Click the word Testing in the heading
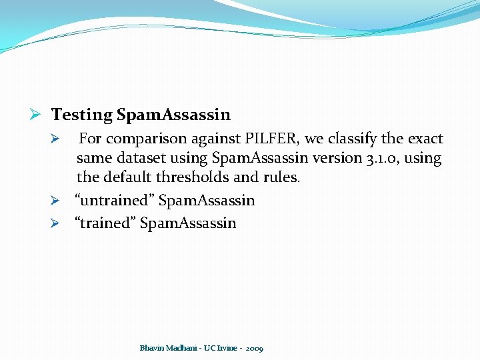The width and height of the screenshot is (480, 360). [x=82, y=115]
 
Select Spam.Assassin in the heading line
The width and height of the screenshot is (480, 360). [x=173, y=115]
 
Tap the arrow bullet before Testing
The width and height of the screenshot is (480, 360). [x=39, y=115]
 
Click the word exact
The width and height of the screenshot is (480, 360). [x=425, y=139]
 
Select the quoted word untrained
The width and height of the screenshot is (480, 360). [x=115, y=201]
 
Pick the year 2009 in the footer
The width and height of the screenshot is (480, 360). [x=254, y=348]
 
